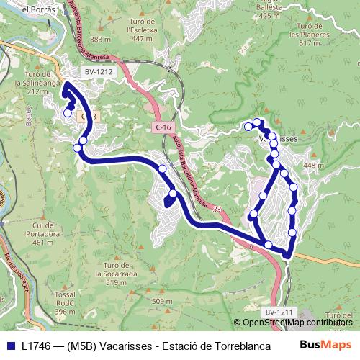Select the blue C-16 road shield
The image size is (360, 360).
pos(163,127)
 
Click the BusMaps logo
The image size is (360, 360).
pos(325,346)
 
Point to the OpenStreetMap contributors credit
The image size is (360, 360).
pos(297,322)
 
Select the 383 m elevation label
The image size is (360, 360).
pos(101,39)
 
